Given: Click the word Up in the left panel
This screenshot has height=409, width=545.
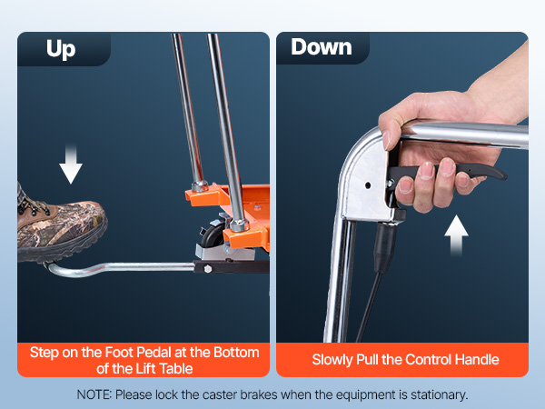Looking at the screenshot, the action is (x=61, y=49).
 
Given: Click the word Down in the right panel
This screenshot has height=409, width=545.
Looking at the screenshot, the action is (x=322, y=47).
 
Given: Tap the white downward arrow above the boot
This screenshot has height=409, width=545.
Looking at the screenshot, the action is (x=71, y=163).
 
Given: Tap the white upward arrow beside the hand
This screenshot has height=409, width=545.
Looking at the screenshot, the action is (x=456, y=235).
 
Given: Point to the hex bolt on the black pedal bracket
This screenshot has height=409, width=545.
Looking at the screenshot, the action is (x=208, y=268).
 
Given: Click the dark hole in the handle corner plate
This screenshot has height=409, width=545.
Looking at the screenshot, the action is (x=367, y=185).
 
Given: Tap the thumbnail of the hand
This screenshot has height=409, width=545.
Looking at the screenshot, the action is (x=387, y=140).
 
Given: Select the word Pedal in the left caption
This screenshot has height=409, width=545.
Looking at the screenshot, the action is (x=153, y=353).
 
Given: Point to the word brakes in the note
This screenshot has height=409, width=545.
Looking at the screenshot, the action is (x=259, y=394).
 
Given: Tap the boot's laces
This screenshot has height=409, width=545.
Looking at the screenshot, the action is (x=33, y=205).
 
